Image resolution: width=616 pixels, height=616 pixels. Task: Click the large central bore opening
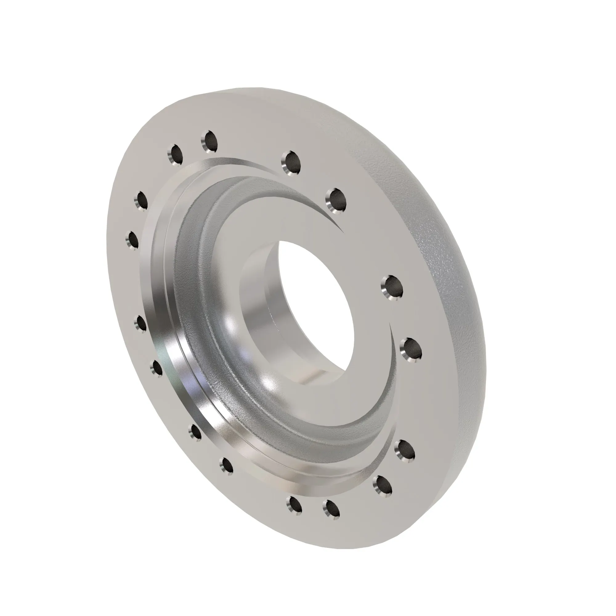point(316,306)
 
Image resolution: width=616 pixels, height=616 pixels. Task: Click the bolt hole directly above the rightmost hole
point(392,287)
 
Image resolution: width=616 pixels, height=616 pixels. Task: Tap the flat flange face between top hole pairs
point(249,144)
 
